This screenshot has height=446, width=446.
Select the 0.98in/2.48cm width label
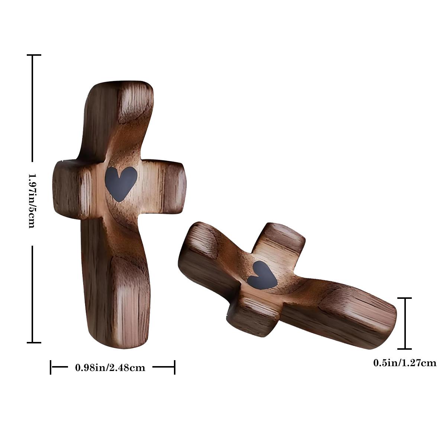pyautogui.click(x=110, y=368)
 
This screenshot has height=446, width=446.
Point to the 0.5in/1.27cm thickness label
pyautogui.click(x=405, y=363)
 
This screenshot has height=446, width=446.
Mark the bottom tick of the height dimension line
pyautogui.click(x=33, y=342)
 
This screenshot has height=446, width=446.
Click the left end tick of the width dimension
pyautogui.click(x=51, y=367)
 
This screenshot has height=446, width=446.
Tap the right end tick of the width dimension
pyautogui.click(x=174, y=367)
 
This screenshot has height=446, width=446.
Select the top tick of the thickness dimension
pyautogui.click(x=404, y=298)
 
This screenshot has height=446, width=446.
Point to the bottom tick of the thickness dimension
pyautogui.click(x=404, y=349)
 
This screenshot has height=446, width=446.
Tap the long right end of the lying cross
pyautogui.click(x=368, y=320)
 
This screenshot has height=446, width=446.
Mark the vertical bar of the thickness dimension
pyautogui.click(x=404, y=323)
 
